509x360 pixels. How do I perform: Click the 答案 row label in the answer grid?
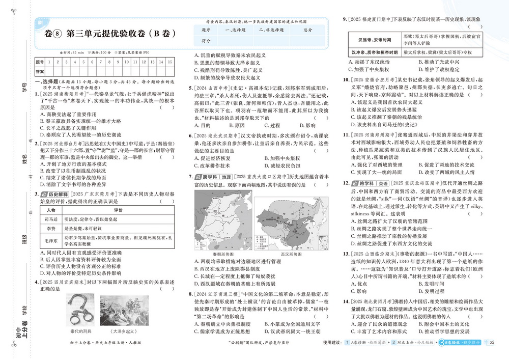point(40,71)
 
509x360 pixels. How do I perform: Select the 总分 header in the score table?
point(307,30)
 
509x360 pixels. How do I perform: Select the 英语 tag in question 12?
point(380,183)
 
